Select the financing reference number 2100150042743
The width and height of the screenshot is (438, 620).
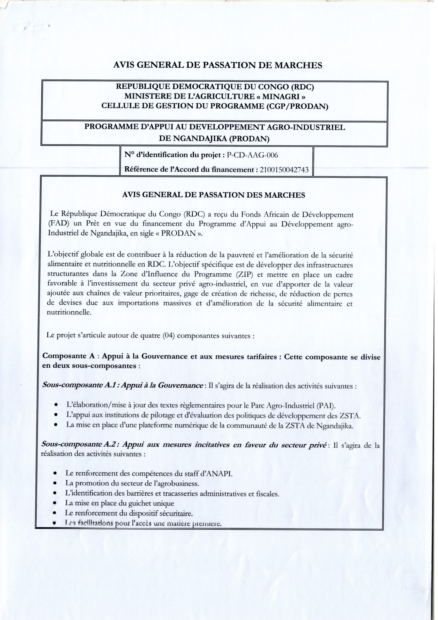[284, 170]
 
